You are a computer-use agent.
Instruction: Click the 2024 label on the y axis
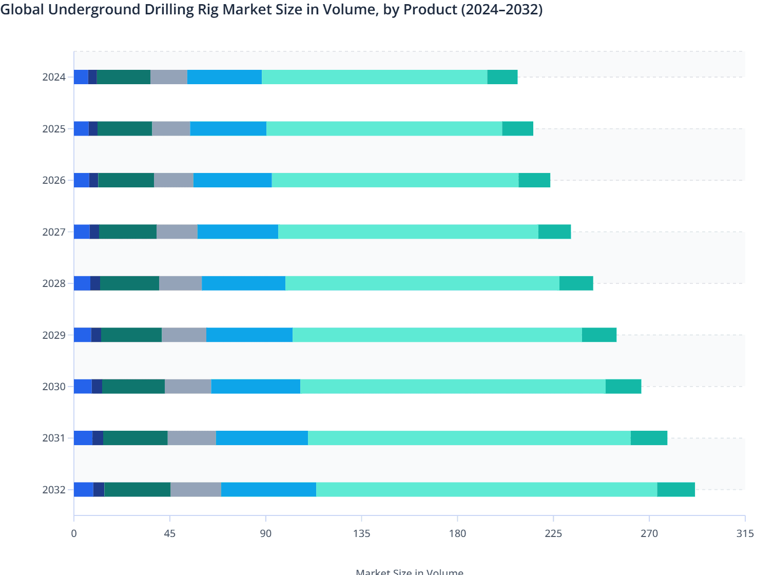coord(54,77)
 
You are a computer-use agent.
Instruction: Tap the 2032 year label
coord(54,490)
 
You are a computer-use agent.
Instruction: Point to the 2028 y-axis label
coord(54,283)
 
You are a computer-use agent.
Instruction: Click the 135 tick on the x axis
coord(361,533)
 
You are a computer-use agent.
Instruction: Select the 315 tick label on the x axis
coord(745,533)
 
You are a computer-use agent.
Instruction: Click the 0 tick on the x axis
coord(74,533)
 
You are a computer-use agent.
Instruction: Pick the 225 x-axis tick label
coord(553,533)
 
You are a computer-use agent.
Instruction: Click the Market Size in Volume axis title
coord(409,571)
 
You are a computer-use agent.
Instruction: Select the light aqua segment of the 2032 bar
coord(487,490)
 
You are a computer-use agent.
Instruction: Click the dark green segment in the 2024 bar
coord(123,77)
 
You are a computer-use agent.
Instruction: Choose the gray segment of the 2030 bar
coord(188,387)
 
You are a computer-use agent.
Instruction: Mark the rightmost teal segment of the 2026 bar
coord(534,180)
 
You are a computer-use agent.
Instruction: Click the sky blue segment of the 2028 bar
coord(243,283)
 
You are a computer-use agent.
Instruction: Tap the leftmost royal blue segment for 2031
coord(83,438)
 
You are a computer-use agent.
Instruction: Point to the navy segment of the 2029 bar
coord(96,335)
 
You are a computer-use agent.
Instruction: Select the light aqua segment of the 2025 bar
coord(384,129)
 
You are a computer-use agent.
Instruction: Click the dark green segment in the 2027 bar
coord(128,232)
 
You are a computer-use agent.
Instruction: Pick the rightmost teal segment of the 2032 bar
coord(676,490)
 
